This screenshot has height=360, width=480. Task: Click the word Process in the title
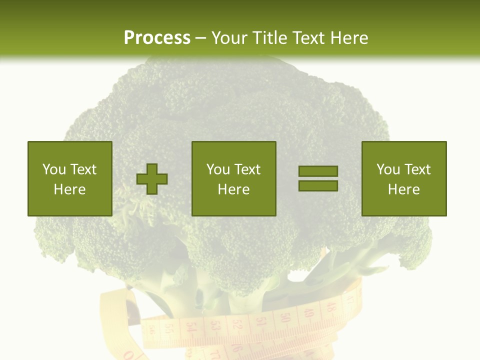pos(157,38)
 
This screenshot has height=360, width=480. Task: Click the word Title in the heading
pos(270,38)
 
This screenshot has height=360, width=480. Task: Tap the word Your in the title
pos(230,38)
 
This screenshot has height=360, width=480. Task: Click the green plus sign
pos(152,178)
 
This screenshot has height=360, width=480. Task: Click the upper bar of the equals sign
pos(318,171)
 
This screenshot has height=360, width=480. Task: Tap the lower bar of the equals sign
pos(318,186)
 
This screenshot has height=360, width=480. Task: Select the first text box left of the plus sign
pos(70,178)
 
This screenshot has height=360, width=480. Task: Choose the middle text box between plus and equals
pos(234,178)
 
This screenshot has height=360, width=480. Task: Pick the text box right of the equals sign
pos(404,178)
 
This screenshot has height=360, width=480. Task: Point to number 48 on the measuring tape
pos(329,306)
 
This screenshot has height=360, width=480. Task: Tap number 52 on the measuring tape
pos(237,327)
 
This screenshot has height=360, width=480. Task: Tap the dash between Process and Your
pos(201,38)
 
